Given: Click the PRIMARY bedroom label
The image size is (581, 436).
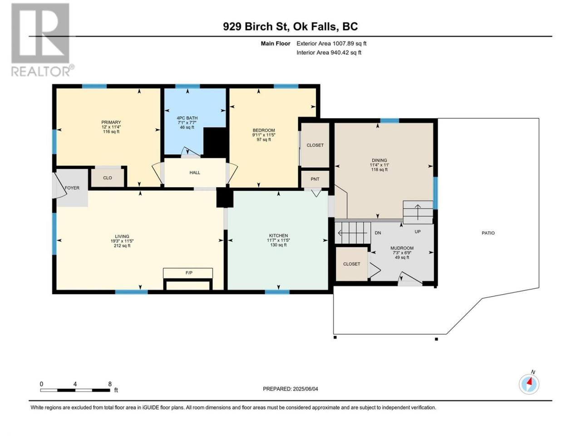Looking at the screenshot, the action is [111, 122].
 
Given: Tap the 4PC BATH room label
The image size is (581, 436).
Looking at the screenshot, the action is [187, 118].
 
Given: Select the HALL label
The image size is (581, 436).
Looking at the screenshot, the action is [195, 173].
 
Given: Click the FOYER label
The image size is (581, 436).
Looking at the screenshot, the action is [72, 188].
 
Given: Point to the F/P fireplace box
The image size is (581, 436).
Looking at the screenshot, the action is [188, 273].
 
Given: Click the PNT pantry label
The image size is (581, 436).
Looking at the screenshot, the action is [315, 179].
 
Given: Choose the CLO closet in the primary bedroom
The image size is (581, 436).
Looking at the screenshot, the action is [108, 178].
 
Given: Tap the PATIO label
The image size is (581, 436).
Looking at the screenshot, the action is [488, 233].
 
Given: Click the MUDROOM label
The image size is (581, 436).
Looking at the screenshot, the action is [402, 248].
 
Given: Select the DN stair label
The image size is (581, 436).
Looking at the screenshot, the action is [378, 233].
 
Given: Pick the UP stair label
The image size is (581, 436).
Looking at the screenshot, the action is [418, 232].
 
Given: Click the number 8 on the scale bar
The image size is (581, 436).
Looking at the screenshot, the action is [110, 384].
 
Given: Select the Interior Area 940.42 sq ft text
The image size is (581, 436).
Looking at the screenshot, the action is [329, 52].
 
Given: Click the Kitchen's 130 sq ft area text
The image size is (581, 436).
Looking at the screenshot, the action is [278, 245].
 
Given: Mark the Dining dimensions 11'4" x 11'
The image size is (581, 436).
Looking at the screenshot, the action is [379, 165].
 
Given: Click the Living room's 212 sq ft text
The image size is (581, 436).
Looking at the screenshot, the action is [122, 245].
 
